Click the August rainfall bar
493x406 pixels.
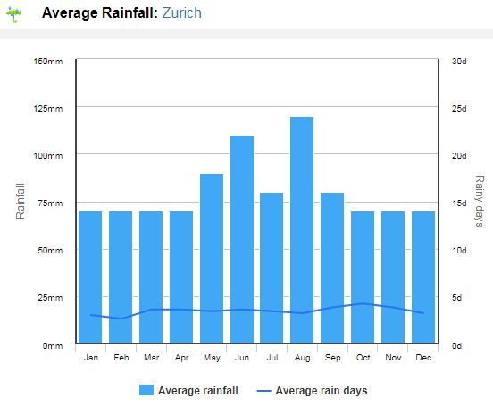(302, 230)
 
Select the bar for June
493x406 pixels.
(242, 239)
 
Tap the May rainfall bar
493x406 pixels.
(212, 259)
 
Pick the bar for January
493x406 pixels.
(90, 278)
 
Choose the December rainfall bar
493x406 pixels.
(423, 278)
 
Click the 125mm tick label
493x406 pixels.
(48, 109)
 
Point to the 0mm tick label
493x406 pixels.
(53, 345)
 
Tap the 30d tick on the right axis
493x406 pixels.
(459, 62)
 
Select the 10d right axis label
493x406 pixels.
(459, 251)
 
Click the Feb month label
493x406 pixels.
(121, 358)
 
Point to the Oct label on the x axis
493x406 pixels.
(363, 358)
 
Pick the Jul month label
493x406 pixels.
(272, 358)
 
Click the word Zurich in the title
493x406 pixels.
(181, 12)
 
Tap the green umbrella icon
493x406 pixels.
(14, 14)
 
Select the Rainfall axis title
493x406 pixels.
(21, 201)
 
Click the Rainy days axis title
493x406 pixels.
(480, 201)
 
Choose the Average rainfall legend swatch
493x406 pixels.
(146, 390)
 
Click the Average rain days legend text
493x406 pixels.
(322, 391)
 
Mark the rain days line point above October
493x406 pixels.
(363, 303)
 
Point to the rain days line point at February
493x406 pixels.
(121, 319)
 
